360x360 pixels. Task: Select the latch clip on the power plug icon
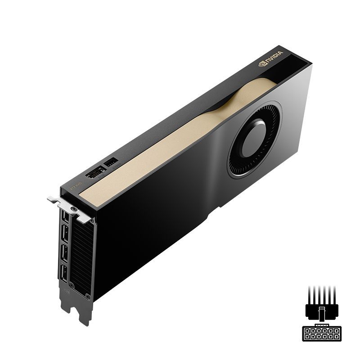click(x=320, y=311)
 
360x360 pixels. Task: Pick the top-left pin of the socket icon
click(x=307, y=331)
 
